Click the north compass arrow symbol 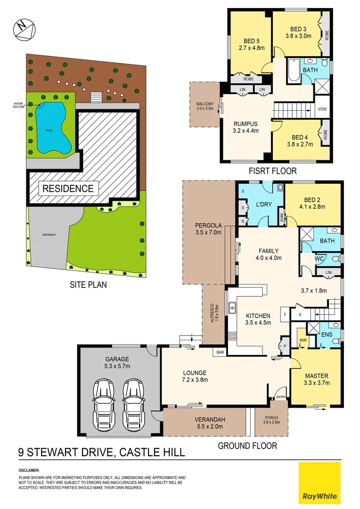point(23,29)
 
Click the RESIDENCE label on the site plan point(68,189)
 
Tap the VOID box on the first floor point(323,109)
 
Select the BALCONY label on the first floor point(205,106)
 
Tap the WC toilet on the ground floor point(335,259)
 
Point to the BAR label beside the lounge point(220,352)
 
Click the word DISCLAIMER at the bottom point(29,470)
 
